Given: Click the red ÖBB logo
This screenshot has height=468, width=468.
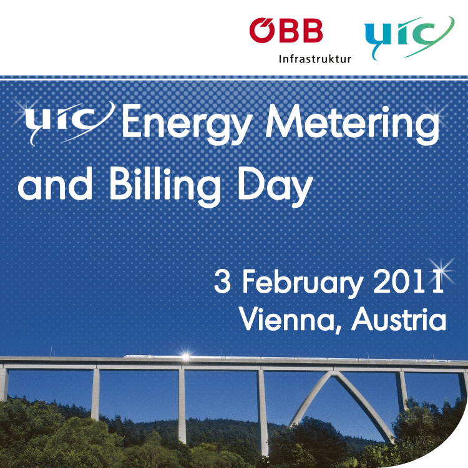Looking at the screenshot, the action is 286,30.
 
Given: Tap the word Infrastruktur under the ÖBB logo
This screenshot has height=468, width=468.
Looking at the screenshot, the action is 315,59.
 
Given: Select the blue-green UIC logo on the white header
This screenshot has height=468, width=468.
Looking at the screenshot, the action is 409,37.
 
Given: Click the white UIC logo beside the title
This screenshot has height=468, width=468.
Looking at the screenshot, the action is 69,122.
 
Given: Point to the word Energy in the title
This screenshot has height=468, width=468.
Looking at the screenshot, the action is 187,124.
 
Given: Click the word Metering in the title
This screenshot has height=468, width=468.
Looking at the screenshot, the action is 353,124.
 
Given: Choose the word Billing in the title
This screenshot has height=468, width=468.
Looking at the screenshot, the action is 165,186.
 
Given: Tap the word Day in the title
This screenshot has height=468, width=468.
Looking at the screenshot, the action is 275,186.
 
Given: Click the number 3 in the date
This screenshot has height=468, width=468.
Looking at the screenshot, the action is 222,281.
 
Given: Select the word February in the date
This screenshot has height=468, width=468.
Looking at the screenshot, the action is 302,283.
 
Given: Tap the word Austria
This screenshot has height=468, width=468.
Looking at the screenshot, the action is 399,318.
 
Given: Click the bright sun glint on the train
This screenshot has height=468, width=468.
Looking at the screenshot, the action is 185,356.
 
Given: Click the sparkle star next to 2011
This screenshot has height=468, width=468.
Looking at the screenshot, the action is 441,270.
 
